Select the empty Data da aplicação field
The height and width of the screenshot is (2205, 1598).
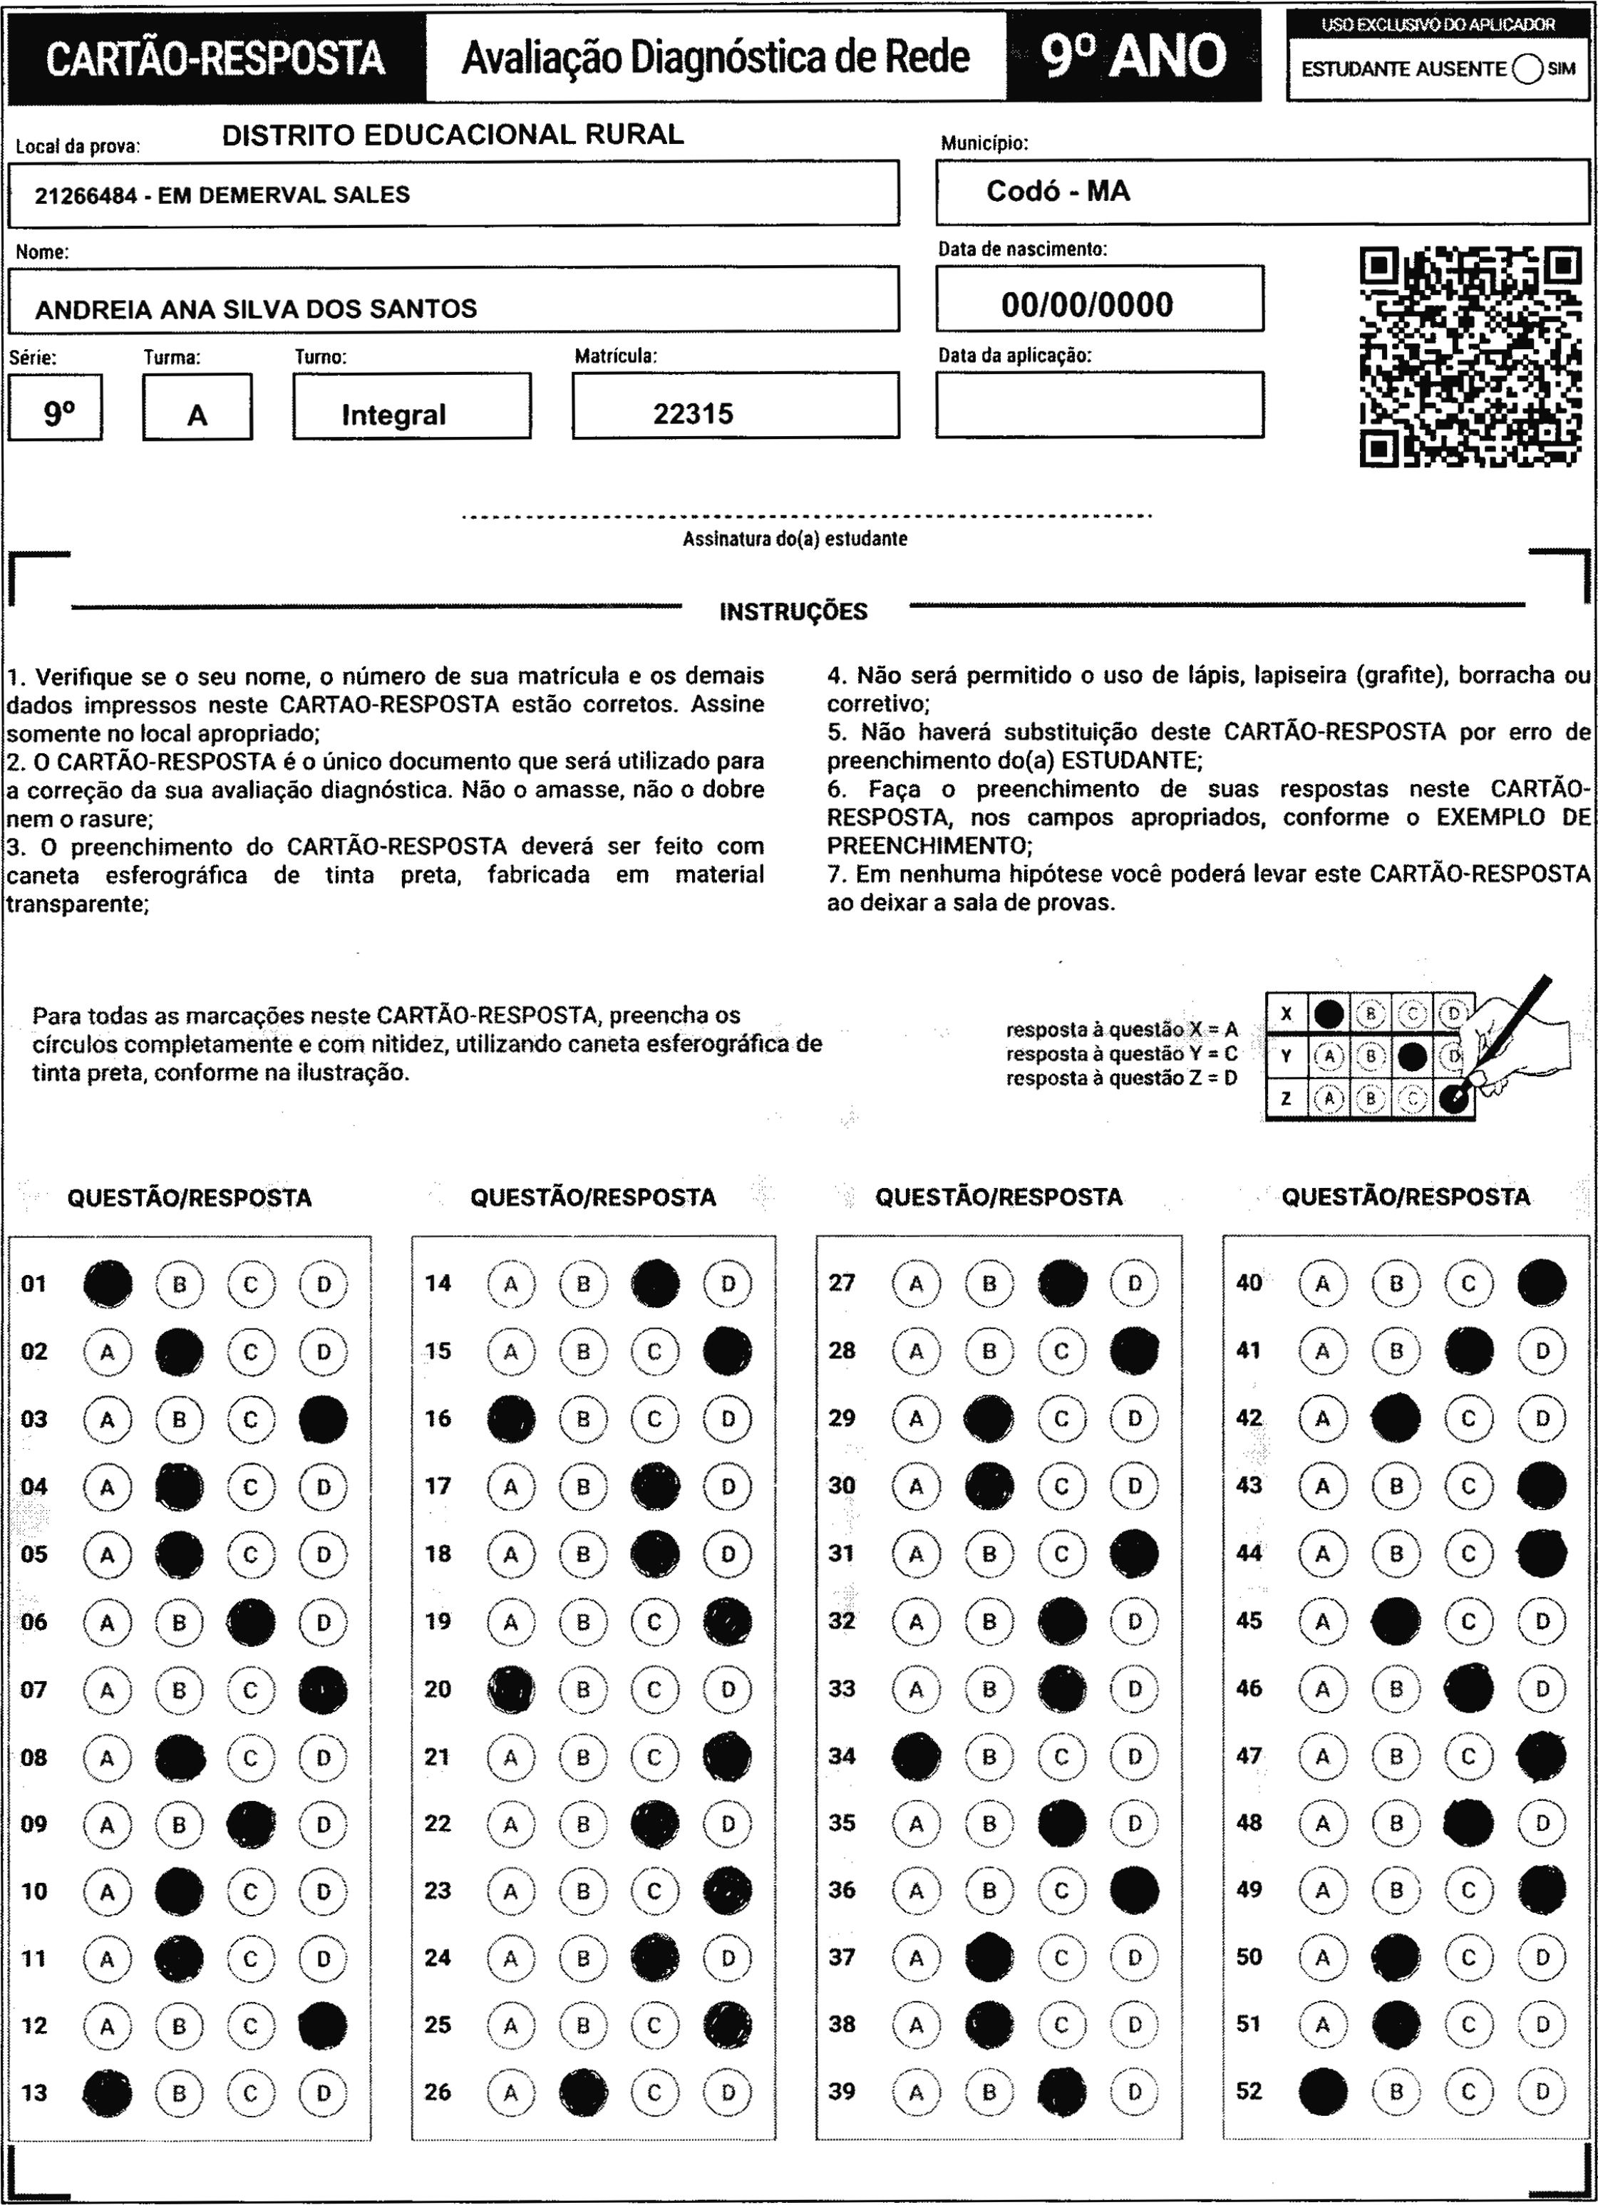(1099, 405)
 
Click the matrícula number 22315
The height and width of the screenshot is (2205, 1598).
(693, 414)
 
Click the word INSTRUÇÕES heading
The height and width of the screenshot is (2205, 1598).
(793, 611)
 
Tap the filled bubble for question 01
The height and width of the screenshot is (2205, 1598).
(108, 1284)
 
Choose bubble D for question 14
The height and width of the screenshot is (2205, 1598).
(728, 1284)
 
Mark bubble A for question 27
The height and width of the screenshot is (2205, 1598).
(916, 1284)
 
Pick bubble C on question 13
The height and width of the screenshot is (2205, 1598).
(251, 2092)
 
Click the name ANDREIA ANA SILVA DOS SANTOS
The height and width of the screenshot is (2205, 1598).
(256, 309)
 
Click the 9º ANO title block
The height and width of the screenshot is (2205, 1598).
(1133, 56)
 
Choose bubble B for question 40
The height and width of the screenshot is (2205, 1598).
(1396, 1284)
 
